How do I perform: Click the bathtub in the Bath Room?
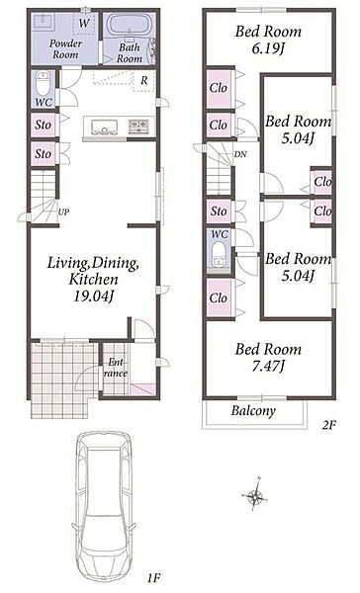pos(131,26)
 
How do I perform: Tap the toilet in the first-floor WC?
pos(43,84)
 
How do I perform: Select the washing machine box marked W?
pos(84,23)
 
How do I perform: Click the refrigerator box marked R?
pos(143,81)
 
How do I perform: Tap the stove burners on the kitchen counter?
pos(138,126)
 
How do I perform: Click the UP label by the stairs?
pos(63,212)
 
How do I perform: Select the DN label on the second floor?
pos(240,154)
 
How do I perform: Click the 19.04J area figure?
pos(94,296)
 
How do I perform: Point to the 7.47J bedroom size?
pos(268,366)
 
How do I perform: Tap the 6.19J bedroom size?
pos(268,48)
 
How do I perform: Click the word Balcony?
pos(253,411)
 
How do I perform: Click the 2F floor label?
pos(329,425)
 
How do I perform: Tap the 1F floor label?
pos(154,578)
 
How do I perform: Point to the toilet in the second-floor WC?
pos(218,256)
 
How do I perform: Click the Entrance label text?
pos(116,368)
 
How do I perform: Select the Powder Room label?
pos(65,48)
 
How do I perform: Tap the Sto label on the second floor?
pos(219,212)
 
